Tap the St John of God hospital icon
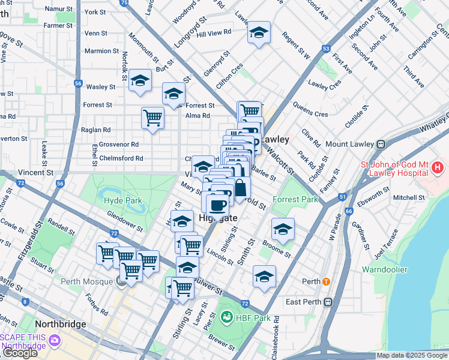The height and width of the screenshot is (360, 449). click(x=438, y=167)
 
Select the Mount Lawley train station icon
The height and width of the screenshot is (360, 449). click(x=380, y=145)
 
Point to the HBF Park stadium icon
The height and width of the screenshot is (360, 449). click(x=227, y=317)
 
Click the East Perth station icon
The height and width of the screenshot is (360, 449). click(x=328, y=302)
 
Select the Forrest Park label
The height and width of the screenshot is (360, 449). click(x=295, y=199)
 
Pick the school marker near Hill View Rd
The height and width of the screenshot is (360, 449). click(x=259, y=32)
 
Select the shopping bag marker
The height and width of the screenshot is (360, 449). click(x=240, y=187)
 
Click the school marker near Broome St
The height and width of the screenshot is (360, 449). click(x=283, y=229)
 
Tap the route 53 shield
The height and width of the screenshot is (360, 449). click(x=326, y=47)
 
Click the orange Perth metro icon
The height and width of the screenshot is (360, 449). click(x=326, y=281)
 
